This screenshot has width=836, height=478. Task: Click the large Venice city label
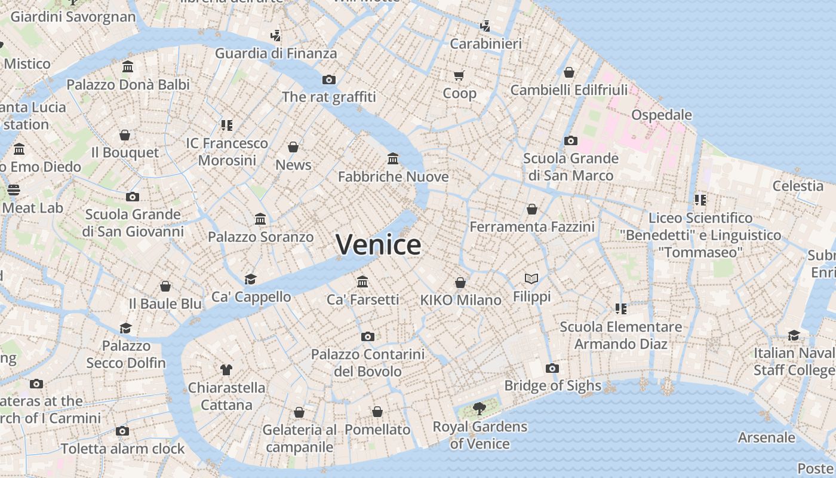[379, 245]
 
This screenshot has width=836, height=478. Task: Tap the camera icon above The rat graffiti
[329, 79]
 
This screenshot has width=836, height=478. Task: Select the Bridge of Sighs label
[553, 385]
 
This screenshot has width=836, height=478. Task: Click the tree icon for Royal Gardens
[479, 409]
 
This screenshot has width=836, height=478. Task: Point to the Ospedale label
[662, 115]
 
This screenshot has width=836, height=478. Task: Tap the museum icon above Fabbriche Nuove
[393, 158]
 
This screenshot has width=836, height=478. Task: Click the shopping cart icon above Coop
[459, 75]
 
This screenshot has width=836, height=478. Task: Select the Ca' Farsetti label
[362, 299]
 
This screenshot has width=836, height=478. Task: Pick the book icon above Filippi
[531, 278]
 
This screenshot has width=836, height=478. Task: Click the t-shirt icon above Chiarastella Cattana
[226, 369]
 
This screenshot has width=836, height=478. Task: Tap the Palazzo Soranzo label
[260, 237]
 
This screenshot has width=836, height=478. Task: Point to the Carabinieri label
[485, 44]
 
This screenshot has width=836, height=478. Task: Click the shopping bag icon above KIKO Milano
[460, 282]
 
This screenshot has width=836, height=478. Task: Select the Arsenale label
[766, 437]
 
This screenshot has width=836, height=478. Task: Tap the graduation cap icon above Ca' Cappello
[251, 279]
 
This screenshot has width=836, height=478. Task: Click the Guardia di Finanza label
[276, 53]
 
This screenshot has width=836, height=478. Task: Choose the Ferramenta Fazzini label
[532, 227]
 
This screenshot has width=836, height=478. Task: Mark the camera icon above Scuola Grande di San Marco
[571, 140]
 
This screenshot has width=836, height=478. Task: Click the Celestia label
[798, 186]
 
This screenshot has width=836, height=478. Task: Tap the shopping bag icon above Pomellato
[377, 412]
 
